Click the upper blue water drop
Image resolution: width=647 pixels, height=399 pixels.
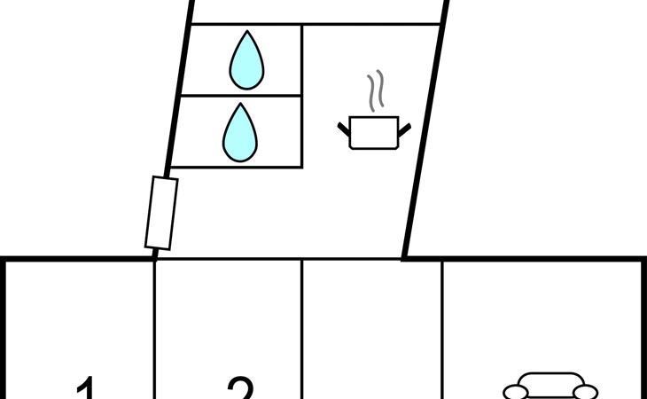pos(246,62)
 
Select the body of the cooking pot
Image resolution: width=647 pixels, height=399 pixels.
pos(374,133)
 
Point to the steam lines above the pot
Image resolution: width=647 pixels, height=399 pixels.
pos(376,91)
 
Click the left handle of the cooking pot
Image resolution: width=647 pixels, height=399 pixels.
pos(345,131)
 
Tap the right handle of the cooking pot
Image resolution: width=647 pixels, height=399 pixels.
pos(404,131)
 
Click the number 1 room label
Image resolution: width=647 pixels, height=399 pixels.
pos(85,388)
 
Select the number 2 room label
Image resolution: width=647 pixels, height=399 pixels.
pos(240,388)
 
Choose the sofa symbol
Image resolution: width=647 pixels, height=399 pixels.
pos(550,387)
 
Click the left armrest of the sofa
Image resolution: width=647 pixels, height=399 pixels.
pos(514,391)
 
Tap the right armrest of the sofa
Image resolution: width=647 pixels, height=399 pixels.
pos(587,391)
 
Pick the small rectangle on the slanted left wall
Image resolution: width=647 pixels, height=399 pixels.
pos(161,213)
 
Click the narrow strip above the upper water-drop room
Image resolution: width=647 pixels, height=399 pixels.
pos(316,12)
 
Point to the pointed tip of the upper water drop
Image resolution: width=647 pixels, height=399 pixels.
pos(247,34)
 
